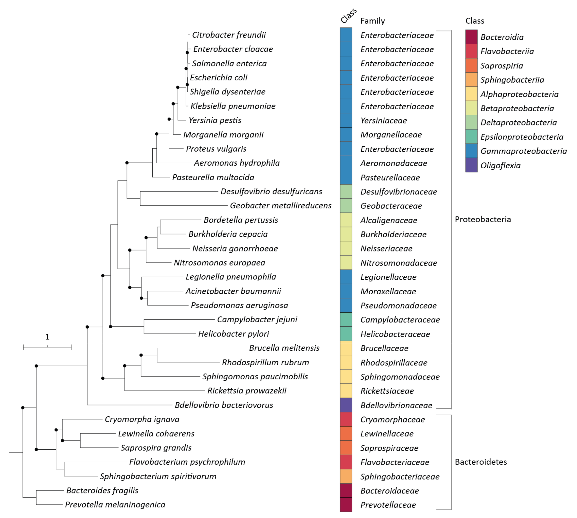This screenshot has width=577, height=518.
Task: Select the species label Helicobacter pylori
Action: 233,334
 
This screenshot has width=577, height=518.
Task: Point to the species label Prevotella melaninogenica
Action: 115,505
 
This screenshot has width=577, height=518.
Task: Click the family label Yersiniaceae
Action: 383,120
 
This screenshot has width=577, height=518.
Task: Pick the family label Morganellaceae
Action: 391,135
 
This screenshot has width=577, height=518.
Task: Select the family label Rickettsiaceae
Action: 387,391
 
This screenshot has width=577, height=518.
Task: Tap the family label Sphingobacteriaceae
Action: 400,476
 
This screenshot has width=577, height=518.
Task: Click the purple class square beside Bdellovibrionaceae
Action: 346,405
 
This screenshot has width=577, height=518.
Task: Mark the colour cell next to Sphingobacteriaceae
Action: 346,476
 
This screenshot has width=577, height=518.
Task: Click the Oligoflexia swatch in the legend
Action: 471,165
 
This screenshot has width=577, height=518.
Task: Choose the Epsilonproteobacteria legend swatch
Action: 471,137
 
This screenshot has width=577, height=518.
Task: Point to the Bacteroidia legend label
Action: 502,37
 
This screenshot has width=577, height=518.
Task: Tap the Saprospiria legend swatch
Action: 471,66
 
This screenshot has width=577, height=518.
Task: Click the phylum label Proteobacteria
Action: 483,219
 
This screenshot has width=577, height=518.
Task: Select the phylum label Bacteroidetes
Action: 481,462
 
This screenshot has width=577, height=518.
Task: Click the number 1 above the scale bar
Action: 47,337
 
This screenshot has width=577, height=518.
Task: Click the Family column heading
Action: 373,21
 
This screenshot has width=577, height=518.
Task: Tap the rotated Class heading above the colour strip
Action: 348,16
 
